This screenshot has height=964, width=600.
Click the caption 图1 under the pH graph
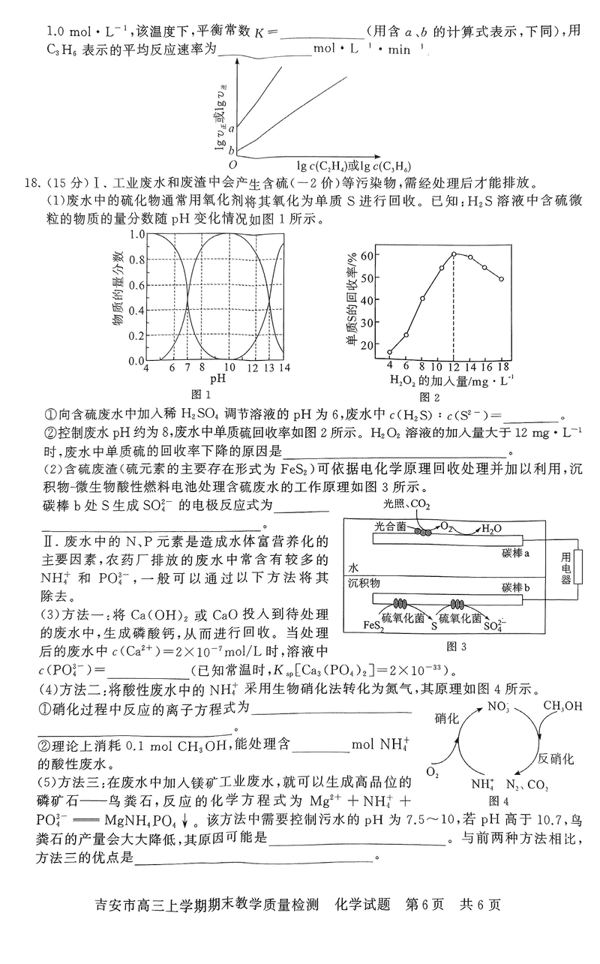[202, 394]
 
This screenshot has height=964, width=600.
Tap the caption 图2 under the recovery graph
[429, 397]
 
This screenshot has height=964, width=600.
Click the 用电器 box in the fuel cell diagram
[566, 567]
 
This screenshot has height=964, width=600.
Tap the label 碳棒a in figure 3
[517, 552]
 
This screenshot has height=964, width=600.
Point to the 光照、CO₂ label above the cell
[406, 503]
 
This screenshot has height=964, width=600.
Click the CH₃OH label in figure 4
[562, 706]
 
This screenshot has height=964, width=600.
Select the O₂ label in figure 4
[433, 771]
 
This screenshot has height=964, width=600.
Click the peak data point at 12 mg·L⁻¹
[454, 254]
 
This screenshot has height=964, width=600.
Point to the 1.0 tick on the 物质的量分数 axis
[136, 234]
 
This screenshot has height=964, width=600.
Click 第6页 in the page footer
[426, 904]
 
